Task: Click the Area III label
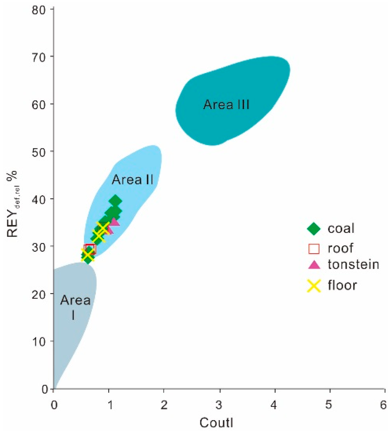click(226, 104)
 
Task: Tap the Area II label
click(132, 180)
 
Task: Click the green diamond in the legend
click(313, 229)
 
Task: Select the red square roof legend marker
click(313, 249)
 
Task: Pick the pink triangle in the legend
click(313, 265)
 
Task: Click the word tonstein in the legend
click(353, 265)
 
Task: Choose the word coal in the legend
click(341, 229)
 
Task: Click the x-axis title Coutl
click(219, 423)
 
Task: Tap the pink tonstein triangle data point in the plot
click(114, 221)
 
